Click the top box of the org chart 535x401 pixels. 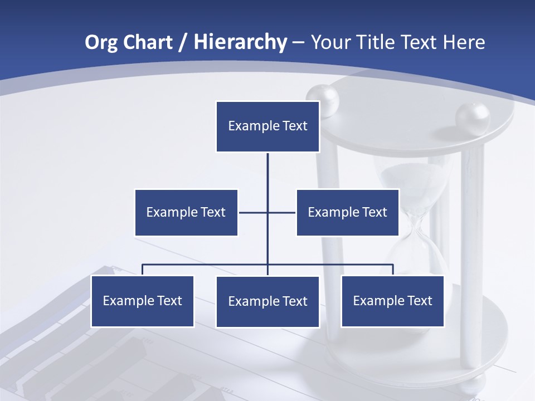(267, 126)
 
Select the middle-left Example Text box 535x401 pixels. (186, 212)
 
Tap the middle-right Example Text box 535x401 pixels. (347, 212)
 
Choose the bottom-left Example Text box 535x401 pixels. (142, 301)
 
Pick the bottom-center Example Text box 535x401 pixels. (267, 301)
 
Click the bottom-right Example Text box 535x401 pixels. (392, 301)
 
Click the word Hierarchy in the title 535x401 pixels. (240, 42)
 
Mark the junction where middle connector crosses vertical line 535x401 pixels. (267, 212)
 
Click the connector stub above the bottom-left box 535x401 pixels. (142, 270)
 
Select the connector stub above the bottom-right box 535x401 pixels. (393, 270)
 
